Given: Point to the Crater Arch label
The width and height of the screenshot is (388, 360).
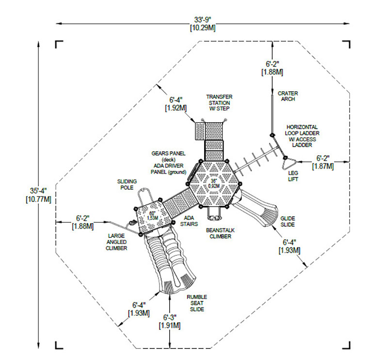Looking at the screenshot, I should (x=288, y=96).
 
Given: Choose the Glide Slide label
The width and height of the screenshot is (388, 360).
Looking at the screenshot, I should (x=288, y=221).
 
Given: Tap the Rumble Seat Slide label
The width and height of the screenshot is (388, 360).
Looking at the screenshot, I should (x=196, y=302).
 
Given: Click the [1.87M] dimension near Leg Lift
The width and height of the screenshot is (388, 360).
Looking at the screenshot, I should (x=323, y=166).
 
